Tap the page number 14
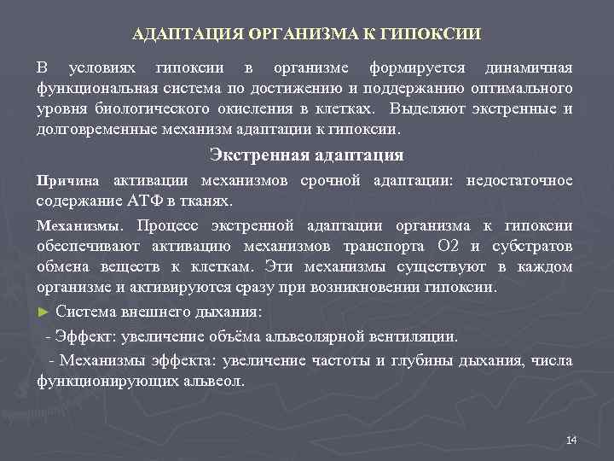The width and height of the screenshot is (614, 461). point(571,440)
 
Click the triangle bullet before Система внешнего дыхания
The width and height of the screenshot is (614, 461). point(43,312)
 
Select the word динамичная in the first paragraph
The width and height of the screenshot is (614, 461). point(529,67)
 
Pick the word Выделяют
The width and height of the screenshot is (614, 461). point(424,110)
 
